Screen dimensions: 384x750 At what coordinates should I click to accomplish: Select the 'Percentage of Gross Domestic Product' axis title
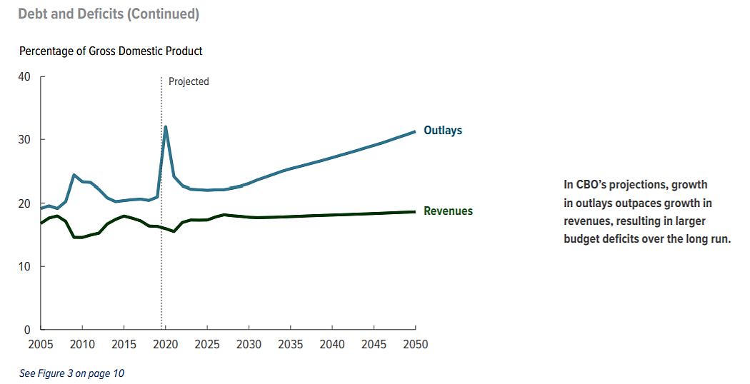click(111, 51)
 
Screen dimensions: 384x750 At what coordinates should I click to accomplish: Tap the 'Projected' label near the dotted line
click(189, 81)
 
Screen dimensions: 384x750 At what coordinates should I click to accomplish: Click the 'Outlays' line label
click(443, 131)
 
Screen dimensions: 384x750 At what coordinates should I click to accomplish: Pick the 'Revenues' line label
click(448, 211)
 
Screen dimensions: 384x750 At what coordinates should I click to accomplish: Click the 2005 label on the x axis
click(41, 345)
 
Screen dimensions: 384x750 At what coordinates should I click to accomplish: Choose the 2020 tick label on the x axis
click(166, 345)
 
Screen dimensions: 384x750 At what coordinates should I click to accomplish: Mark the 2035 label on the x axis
click(291, 345)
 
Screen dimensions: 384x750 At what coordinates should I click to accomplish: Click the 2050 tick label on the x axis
click(416, 345)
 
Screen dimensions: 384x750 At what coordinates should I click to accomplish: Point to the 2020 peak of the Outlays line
click(166, 127)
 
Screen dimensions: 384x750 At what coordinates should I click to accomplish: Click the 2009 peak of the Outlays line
click(74, 175)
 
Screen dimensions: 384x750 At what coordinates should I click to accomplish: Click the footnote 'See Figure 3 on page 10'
click(72, 373)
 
